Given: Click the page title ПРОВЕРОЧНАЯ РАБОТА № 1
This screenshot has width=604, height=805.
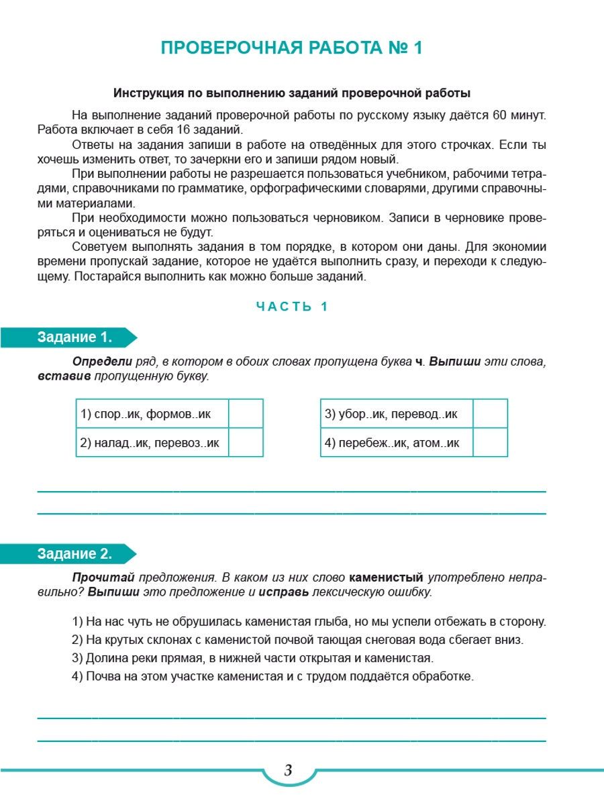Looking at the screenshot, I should tap(292, 49).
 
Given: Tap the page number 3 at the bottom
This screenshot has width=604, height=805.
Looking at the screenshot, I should tap(289, 770).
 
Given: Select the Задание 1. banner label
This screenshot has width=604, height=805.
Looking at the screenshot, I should tap(74, 337).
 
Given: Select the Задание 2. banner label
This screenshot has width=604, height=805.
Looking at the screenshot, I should tap(74, 554).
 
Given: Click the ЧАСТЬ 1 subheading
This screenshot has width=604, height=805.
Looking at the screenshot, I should tap(292, 307).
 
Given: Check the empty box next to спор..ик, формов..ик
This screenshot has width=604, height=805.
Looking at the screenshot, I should tap(246, 414).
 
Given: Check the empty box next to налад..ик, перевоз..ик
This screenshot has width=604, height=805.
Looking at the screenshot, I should tap(246, 443).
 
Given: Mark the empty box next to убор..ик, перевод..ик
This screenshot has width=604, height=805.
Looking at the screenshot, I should tap(490, 414).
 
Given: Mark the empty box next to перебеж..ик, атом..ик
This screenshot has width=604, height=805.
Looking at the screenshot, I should tap(490, 443).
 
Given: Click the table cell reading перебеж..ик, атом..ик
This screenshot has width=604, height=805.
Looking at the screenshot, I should tap(393, 443).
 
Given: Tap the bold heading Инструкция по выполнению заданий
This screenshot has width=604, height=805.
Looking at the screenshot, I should tap(292, 93).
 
